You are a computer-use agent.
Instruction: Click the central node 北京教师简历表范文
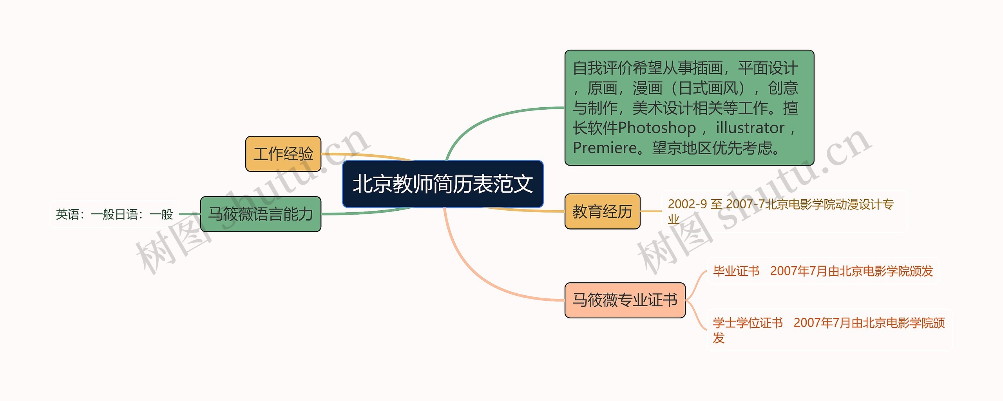[443, 184]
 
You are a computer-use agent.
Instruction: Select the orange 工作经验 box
[283, 154]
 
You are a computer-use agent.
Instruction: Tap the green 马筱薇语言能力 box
[261, 214]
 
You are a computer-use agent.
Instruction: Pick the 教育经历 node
[602, 211]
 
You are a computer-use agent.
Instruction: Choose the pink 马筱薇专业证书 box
[625, 300]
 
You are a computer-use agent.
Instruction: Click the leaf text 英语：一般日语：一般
[114, 214]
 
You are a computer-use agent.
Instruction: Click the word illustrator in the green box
[750, 128]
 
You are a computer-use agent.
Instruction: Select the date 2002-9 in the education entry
[687, 204]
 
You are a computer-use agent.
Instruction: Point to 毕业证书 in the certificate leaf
[736, 271]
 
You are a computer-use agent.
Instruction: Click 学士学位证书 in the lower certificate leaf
[748, 323]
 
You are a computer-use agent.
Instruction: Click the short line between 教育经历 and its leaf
[651, 211]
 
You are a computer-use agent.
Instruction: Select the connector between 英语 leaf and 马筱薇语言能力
[190, 214]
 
